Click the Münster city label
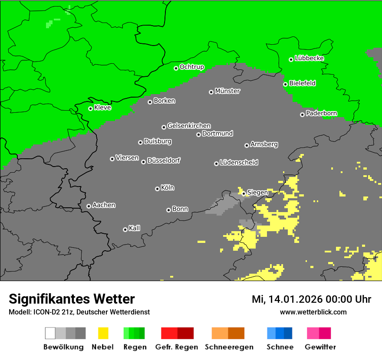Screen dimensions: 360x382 coord(227,91)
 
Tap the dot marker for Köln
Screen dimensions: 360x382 coord(157,189)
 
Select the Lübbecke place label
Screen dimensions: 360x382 coord(310,58)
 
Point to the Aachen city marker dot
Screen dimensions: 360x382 coord(89,206)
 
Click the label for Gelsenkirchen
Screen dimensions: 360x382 coord(189,126)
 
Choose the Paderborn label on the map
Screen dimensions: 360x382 coord(321,113)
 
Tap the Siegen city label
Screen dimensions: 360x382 coord(257,192)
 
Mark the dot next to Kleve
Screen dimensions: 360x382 coord(90,108)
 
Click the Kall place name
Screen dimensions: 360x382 coord(135,228)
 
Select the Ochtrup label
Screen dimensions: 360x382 coord(192,67)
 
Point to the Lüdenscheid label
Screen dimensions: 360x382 coord(239,162)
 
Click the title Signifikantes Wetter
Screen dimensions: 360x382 coord(72,299)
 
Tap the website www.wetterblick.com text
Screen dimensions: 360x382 coord(313,312)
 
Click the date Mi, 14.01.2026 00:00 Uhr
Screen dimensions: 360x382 coord(311,299)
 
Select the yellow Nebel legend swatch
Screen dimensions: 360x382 coord(103,333)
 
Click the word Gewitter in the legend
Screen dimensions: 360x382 coord(320,347)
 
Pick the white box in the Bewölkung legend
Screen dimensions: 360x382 coord(50,333)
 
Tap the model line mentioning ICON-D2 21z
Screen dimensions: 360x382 coord(79,312)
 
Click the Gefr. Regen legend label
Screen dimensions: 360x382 coord(176,347)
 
